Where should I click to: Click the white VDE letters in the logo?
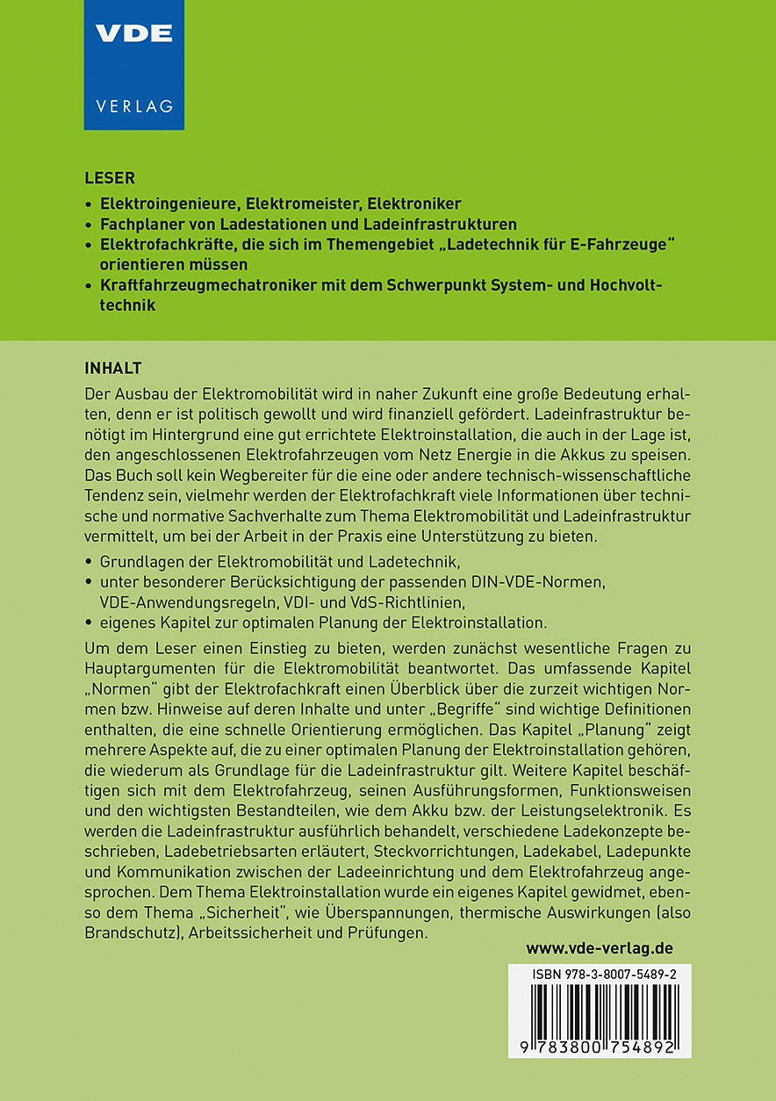tap(133, 34)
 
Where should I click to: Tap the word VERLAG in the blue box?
tap(133, 107)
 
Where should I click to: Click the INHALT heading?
tap(112, 367)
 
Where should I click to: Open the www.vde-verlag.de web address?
tap(600, 949)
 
